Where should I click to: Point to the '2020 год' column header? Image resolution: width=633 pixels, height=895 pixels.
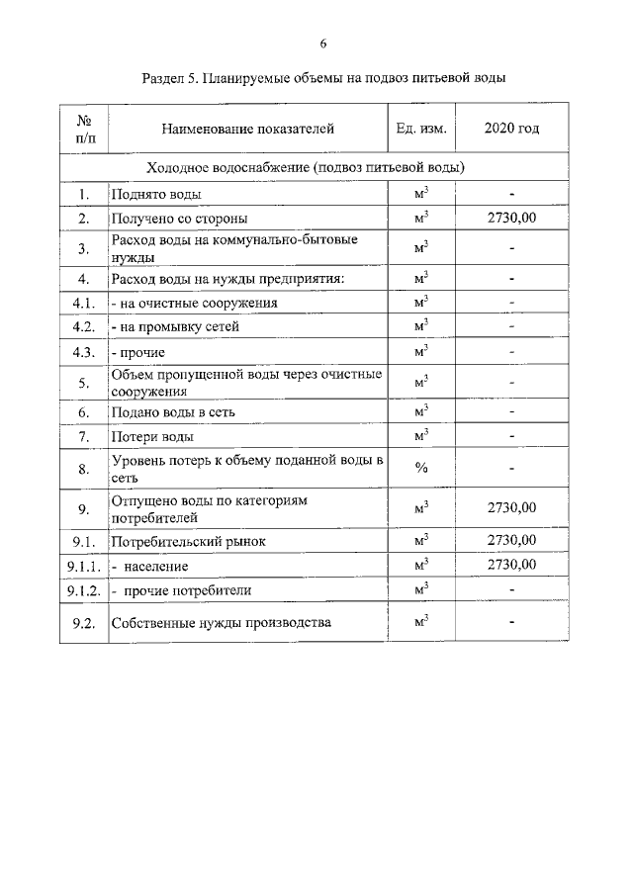(x=511, y=129)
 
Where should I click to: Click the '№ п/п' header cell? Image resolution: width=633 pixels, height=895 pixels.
(x=84, y=129)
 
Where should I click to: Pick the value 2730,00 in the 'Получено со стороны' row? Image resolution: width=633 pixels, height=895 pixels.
(x=511, y=218)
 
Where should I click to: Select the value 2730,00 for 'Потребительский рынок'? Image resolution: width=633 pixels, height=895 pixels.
(x=511, y=540)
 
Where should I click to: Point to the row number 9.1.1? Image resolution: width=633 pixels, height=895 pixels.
(x=84, y=566)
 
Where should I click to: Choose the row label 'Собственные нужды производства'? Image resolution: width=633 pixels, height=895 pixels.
(x=221, y=623)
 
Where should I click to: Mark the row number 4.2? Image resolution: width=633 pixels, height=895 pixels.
(x=84, y=326)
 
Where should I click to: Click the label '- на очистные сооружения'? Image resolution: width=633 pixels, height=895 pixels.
(x=193, y=303)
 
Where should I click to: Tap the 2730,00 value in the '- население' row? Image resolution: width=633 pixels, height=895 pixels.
(x=511, y=565)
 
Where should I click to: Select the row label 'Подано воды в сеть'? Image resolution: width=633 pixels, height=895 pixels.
(x=172, y=411)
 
